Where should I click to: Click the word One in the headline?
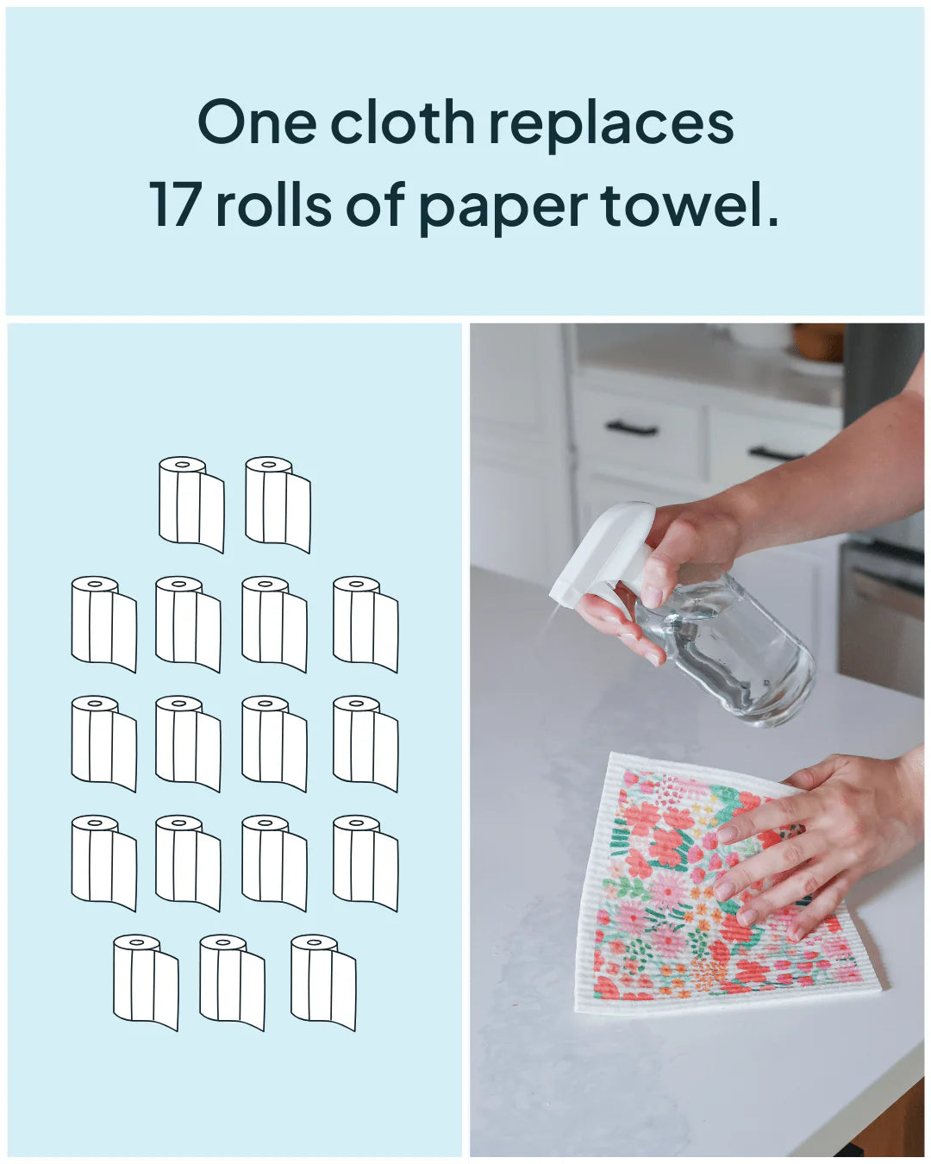[257, 122]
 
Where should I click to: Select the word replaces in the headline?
[611, 126]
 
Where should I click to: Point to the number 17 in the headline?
[176, 204]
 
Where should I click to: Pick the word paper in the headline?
[503, 210]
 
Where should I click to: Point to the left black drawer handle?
[631, 429]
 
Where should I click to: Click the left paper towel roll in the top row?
[191, 504]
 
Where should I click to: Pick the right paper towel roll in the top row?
[278, 504]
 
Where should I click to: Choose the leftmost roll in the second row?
[103, 624]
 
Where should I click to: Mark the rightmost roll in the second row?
[366, 624]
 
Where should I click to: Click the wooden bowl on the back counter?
[818, 341]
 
